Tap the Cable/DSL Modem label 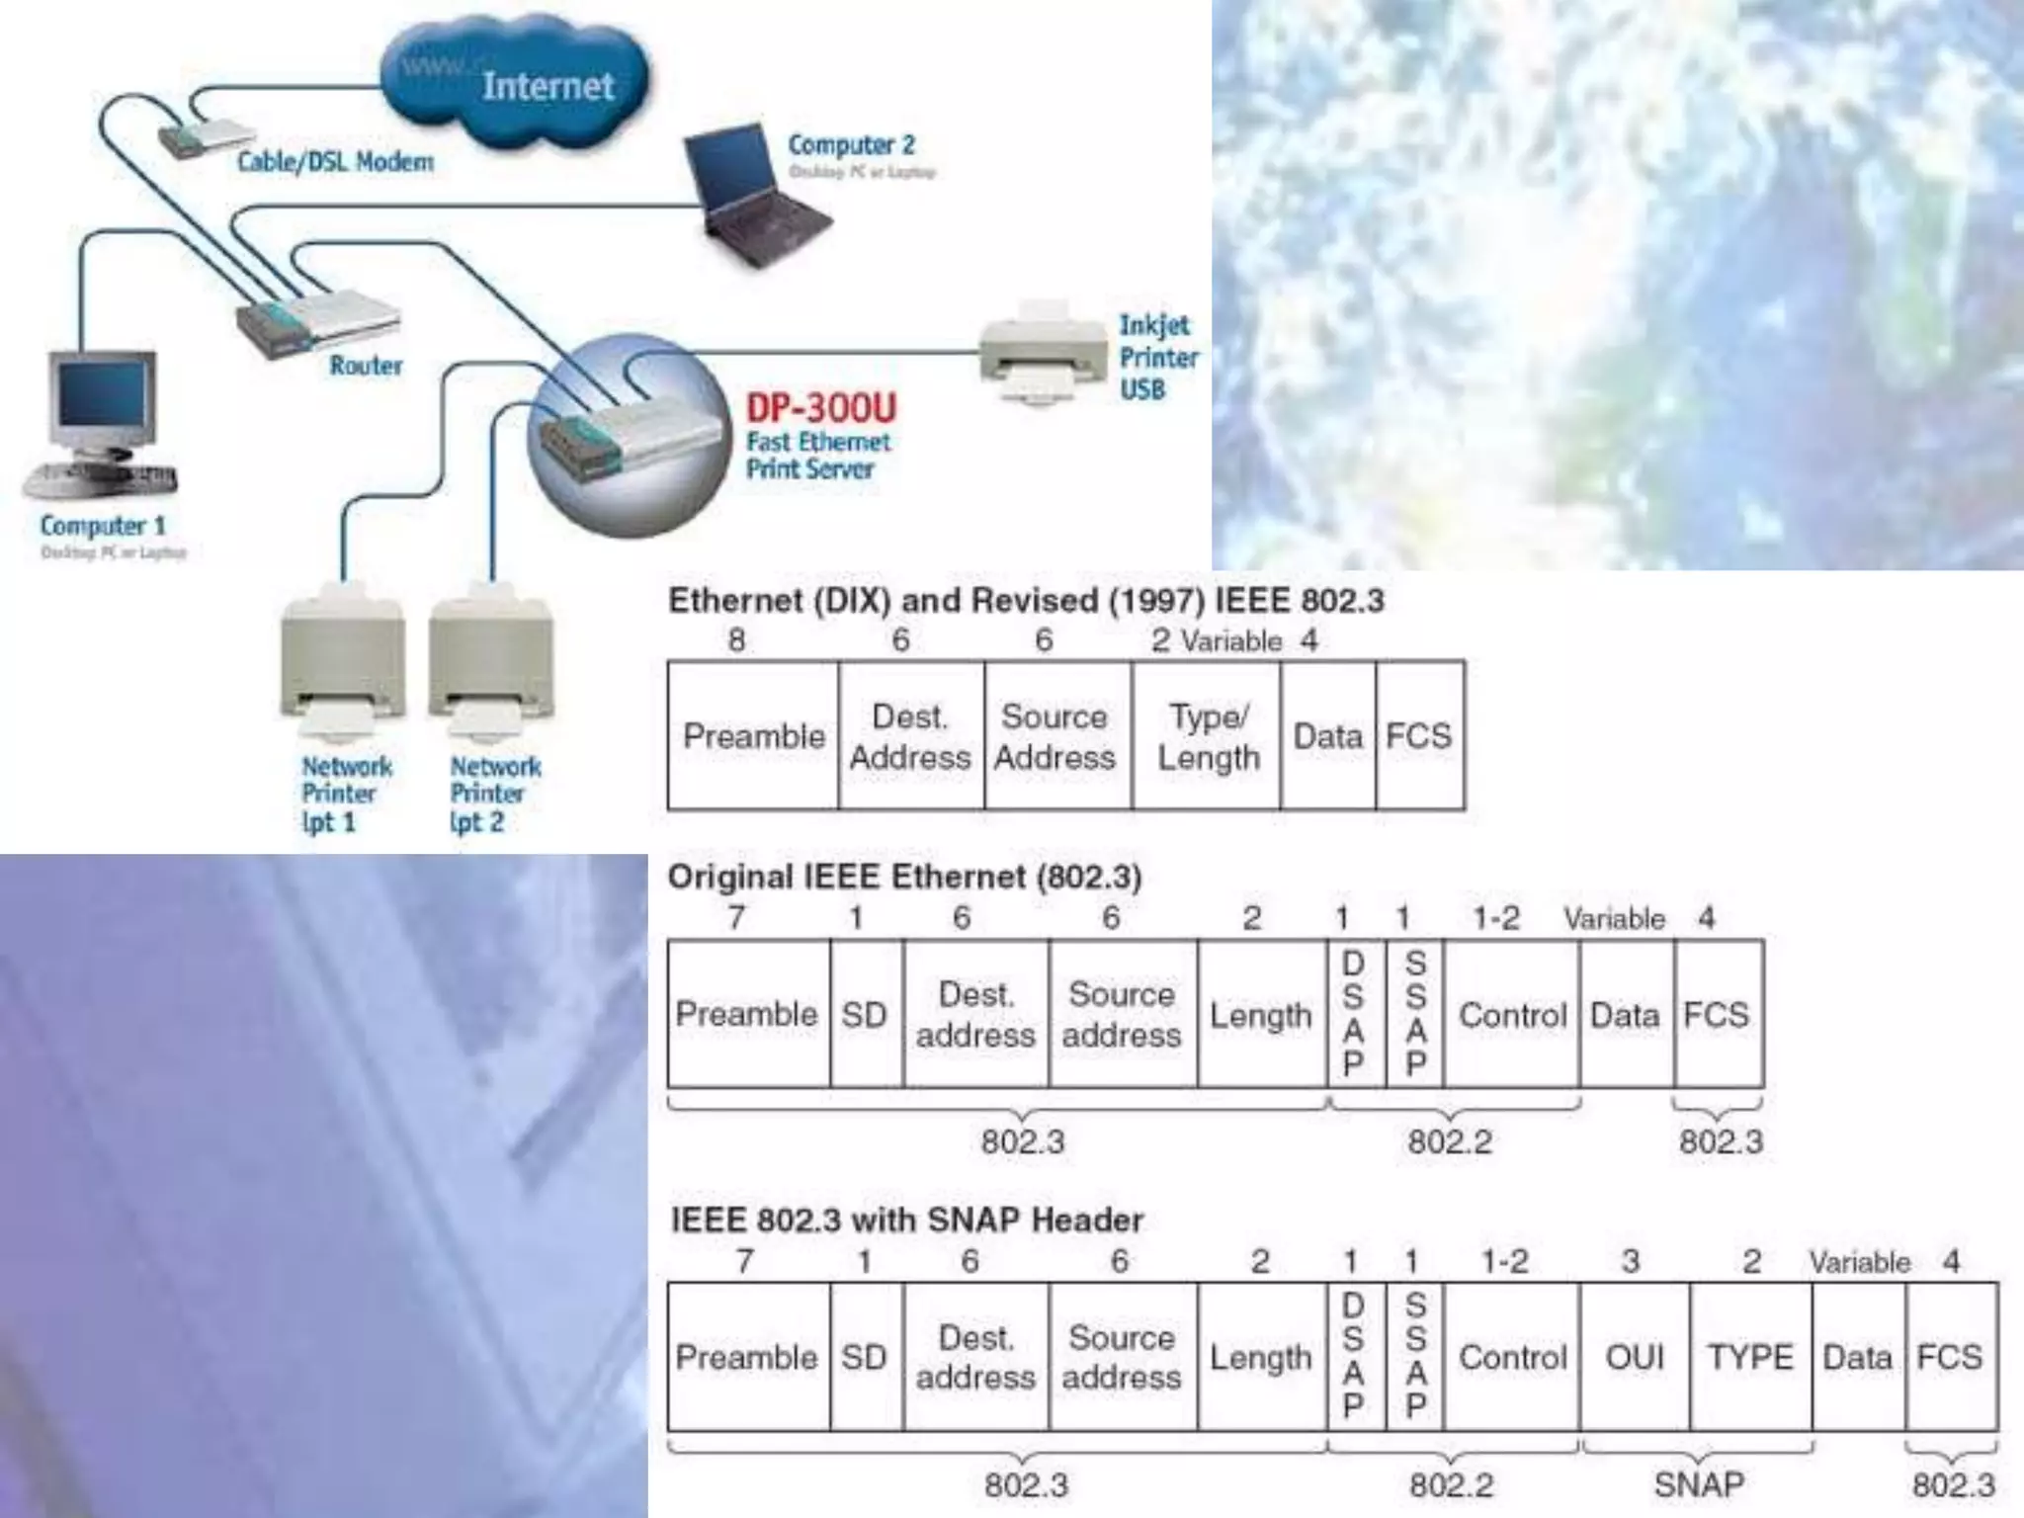click(335, 162)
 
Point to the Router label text click(366, 366)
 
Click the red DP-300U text click(821, 407)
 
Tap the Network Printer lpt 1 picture click(343, 662)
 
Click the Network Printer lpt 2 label click(494, 794)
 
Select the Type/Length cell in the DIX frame click(1208, 736)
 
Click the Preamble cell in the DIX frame click(753, 736)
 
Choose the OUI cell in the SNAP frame click(1635, 1357)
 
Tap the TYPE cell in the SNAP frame click(1750, 1357)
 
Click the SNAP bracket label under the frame click(1699, 1483)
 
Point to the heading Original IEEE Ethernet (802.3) click(904, 877)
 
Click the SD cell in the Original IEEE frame click(866, 1015)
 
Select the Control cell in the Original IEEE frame click(1512, 1015)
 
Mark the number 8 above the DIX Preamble click(736, 640)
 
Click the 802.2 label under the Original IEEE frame click(1450, 1141)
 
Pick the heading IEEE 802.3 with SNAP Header click(906, 1220)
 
